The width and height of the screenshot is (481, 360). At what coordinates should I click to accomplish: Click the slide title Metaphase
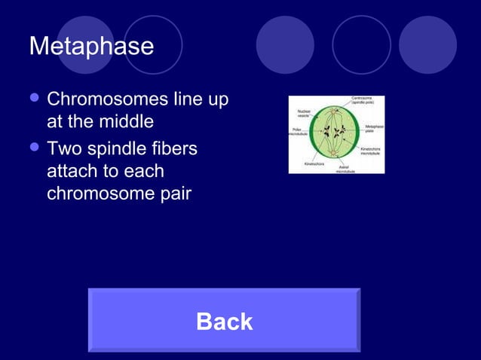click(91, 46)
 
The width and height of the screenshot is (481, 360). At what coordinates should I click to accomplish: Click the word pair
click(174, 194)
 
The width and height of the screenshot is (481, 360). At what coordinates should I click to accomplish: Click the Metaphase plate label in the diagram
click(374, 129)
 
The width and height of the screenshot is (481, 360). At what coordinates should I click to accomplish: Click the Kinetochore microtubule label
click(370, 151)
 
